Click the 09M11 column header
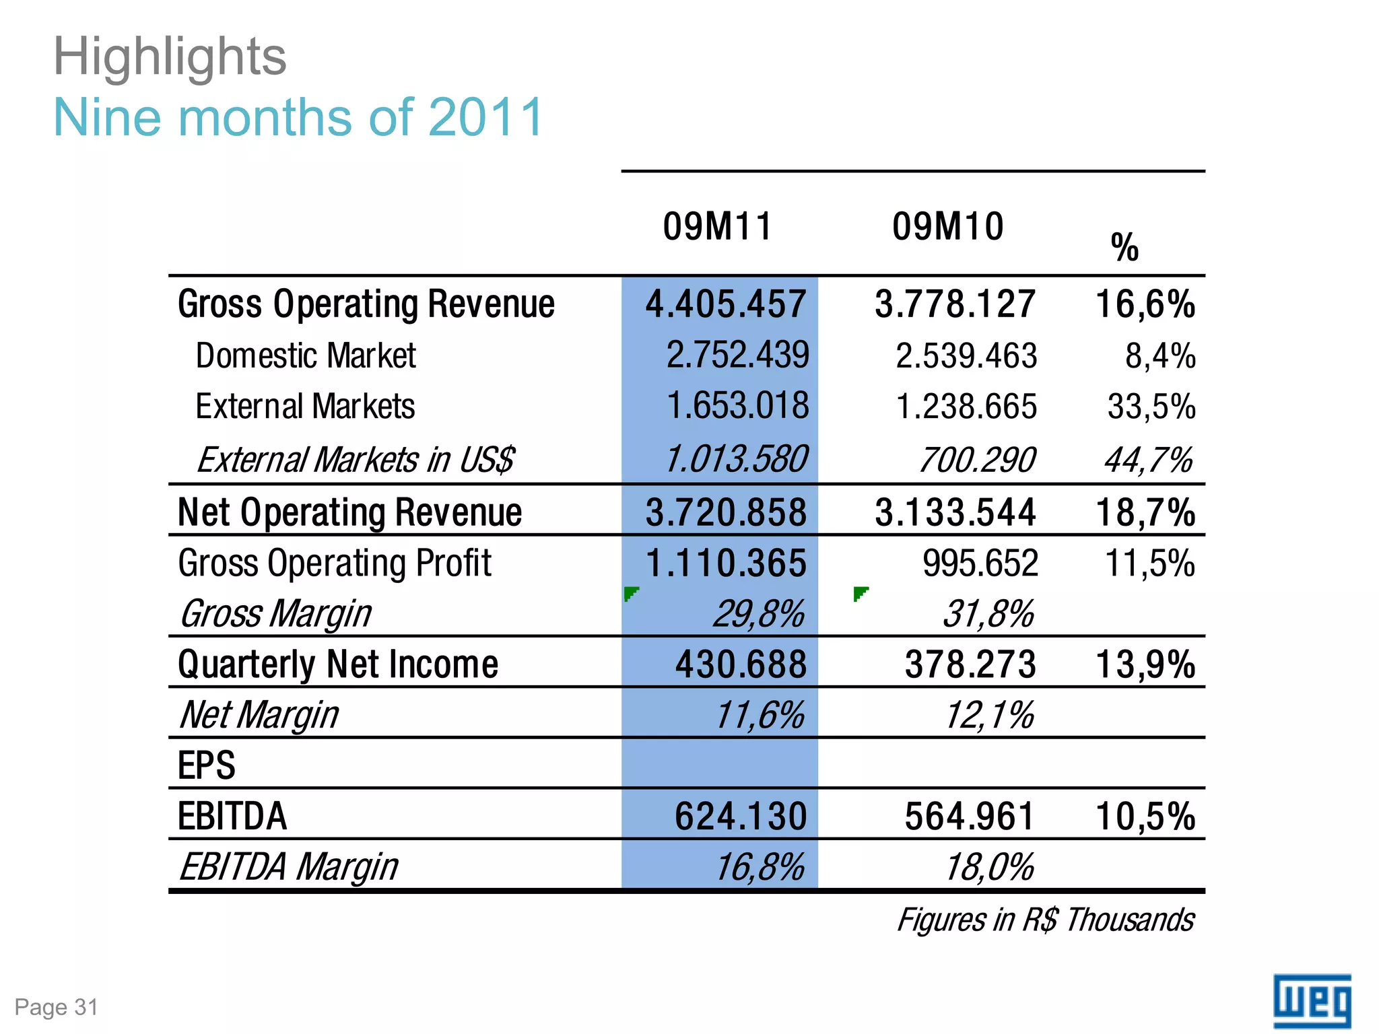(x=717, y=226)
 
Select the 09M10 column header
(x=947, y=226)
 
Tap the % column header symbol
(x=1124, y=247)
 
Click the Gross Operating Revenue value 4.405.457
(x=725, y=304)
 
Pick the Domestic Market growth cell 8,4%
(x=1159, y=355)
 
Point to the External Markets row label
(x=305, y=407)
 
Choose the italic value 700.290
(x=976, y=460)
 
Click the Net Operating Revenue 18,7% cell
(x=1145, y=512)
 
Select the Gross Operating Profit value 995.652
(x=980, y=563)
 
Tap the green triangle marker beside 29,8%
(x=630, y=594)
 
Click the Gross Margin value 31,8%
(x=988, y=614)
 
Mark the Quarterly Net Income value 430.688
(x=741, y=664)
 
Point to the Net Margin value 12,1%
(x=988, y=715)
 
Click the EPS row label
(x=206, y=765)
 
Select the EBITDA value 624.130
(x=741, y=816)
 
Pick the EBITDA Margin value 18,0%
(x=988, y=867)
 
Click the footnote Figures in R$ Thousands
(x=1045, y=920)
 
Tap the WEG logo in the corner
(x=1312, y=1002)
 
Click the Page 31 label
(x=57, y=1007)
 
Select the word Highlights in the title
(x=170, y=57)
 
